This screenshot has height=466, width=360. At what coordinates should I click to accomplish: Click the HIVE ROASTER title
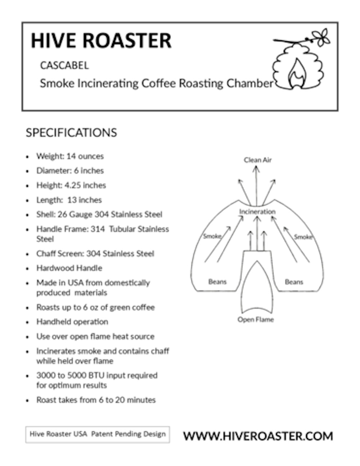click(x=101, y=40)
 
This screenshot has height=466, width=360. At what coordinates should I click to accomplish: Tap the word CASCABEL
click(x=64, y=66)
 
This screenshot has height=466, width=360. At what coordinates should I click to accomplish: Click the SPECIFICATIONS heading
click(x=71, y=133)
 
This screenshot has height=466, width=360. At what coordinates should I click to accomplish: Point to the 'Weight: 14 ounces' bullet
click(x=70, y=156)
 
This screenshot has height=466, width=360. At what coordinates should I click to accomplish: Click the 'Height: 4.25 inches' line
click(x=71, y=185)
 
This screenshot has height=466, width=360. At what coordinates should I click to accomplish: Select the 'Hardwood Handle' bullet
click(x=69, y=268)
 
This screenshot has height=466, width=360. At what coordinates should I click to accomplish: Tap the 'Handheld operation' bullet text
click(x=72, y=322)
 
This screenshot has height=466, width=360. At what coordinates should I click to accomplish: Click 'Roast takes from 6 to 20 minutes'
click(x=96, y=400)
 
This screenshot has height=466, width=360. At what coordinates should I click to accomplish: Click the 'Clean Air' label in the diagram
click(x=257, y=160)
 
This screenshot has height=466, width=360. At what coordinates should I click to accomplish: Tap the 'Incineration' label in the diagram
click(x=257, y=211)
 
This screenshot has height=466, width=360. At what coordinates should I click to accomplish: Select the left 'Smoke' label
click(x=212, y=236)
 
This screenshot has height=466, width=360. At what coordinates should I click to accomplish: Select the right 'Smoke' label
click(x=303, y=237)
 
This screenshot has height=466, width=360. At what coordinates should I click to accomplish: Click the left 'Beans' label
click(x=217, y=282)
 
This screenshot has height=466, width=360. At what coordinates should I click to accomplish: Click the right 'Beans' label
click(x=294, y=282)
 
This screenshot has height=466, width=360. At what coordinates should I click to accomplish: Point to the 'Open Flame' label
click(x=255, y=319)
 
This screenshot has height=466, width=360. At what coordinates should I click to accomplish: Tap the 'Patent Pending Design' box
click(x=97, y=434)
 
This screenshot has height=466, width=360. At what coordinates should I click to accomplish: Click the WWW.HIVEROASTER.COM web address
click(x=258, y=436)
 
